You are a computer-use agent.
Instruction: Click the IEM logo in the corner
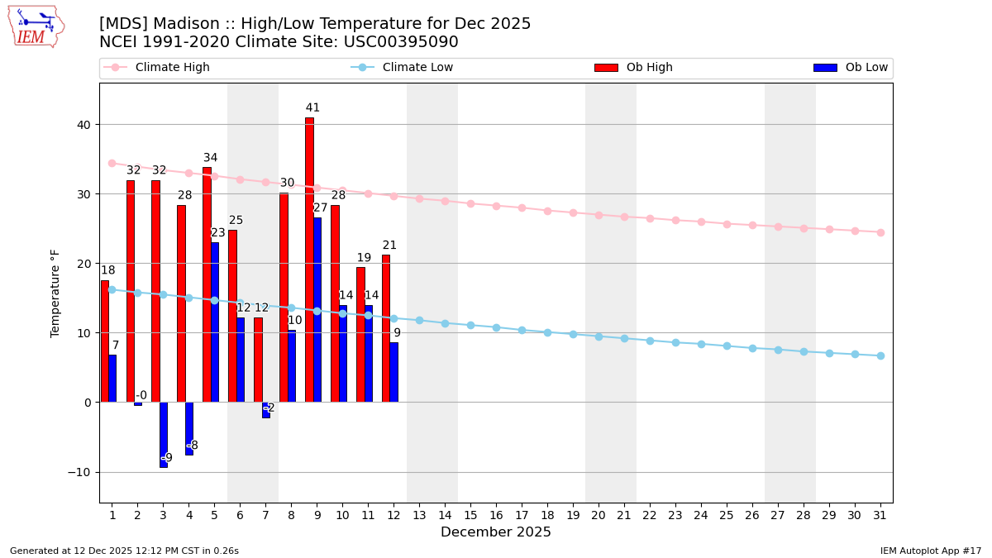coord(36,26)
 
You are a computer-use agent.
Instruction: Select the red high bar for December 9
coord(309,260)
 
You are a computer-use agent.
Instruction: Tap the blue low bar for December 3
coord(163,434)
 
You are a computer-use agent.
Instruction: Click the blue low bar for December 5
coord(215,322)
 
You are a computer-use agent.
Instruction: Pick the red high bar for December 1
coord(105,341)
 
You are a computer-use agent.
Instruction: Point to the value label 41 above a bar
coord(312,108)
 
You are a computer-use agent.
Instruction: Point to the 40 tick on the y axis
coord(84,125)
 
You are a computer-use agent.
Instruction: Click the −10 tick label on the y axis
coord(81,472)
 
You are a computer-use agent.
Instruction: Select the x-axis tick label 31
coord(880,515)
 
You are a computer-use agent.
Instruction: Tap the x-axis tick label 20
coord(599,515)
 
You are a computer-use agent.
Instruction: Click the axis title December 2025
coord(496,532)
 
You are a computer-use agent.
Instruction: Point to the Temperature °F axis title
coord(56,293)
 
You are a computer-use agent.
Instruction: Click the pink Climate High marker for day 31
coord(880,232)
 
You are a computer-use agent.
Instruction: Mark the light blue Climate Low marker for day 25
coord(727,346)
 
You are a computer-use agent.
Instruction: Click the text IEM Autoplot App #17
coord(930,551)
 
